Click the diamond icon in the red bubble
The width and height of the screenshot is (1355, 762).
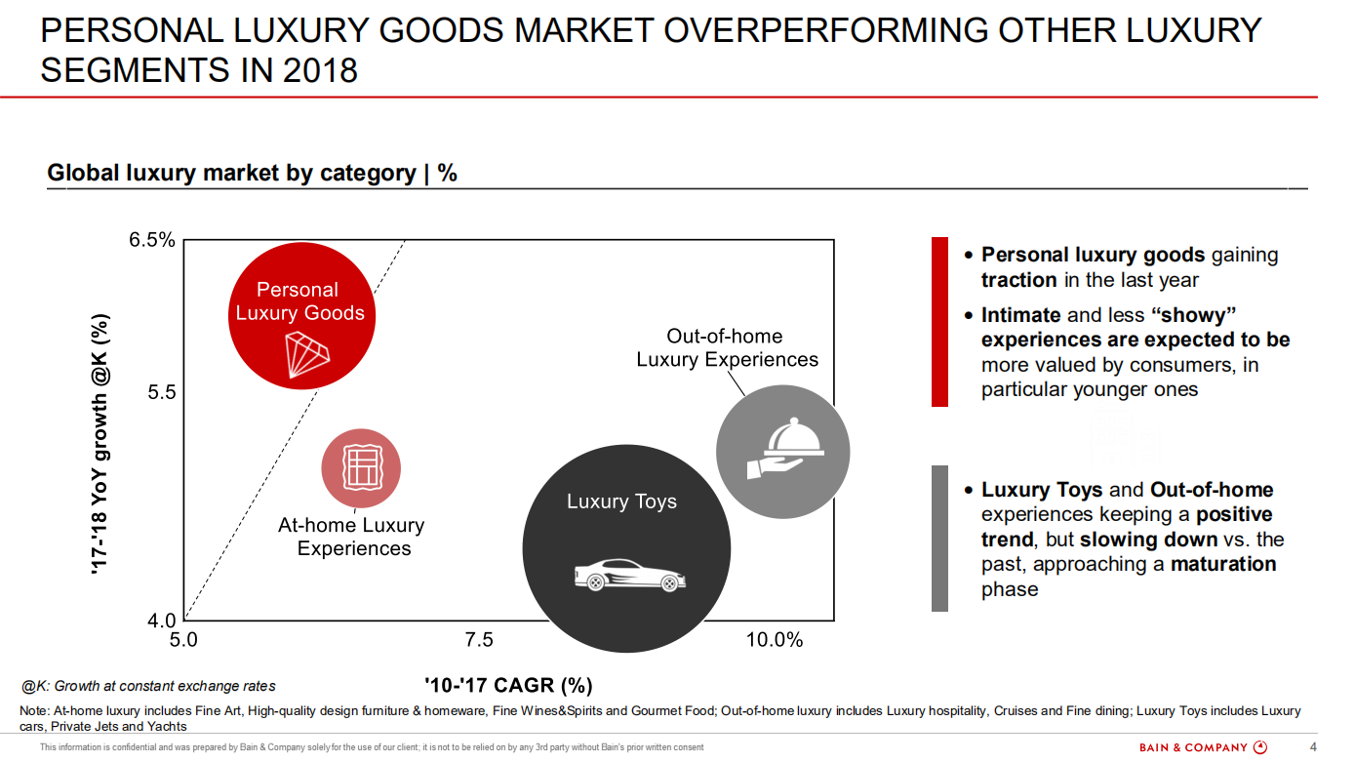click(306, 353)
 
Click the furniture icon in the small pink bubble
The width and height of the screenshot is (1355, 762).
click(361, 467)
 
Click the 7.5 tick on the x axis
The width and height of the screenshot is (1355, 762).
click(479, 640)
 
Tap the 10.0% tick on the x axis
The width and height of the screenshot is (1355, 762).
click(774, 640)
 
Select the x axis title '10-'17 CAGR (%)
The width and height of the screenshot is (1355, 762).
click(508, 685)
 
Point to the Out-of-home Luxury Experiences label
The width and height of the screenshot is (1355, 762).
click(727, 348)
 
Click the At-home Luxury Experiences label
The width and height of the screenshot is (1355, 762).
click(352, 537)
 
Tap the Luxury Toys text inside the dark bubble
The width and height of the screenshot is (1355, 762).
click(621, 501)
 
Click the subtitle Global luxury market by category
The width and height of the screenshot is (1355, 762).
click(252, 173)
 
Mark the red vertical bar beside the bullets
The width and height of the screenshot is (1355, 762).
click(939, 321)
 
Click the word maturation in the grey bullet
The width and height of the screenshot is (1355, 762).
click(1223, 564)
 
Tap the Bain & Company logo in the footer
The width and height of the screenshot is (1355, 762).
click(1203, 747)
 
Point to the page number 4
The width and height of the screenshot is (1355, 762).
click(1312, 747)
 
